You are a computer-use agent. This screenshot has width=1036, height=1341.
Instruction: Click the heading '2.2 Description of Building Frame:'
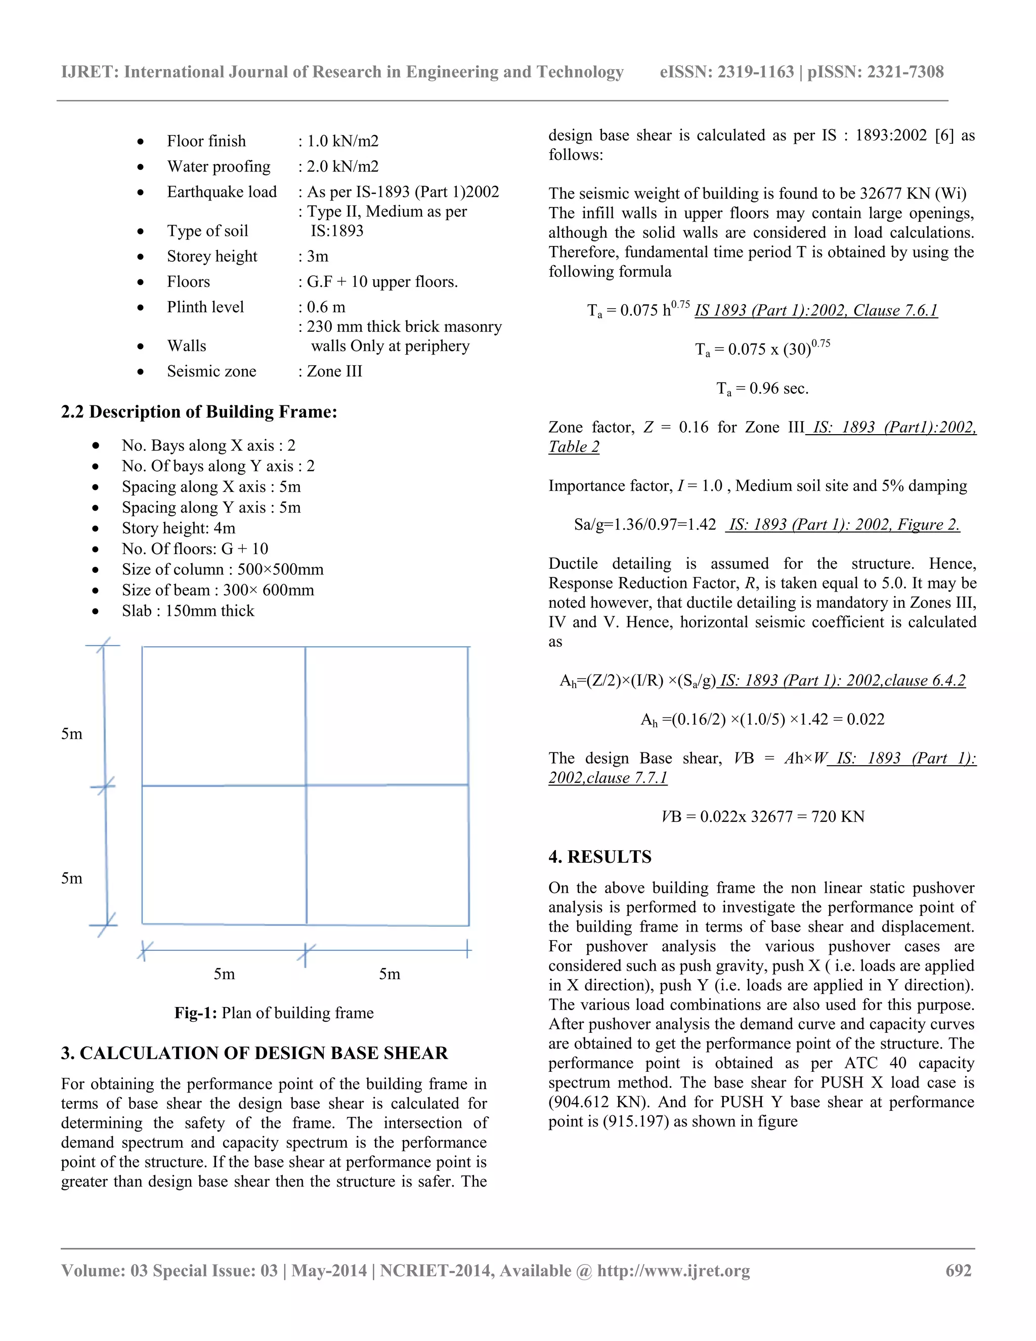coord(199,411)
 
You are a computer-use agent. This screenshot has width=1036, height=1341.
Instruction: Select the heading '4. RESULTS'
coord(599,857)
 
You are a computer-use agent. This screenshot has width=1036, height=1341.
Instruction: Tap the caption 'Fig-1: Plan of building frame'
coord(274,1013)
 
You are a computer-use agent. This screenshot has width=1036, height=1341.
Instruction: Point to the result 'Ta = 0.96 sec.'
coord(762,389)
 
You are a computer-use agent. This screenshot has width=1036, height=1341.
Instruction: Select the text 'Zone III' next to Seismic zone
coord(334,371)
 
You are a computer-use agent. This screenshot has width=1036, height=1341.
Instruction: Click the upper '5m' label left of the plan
coord(71,734)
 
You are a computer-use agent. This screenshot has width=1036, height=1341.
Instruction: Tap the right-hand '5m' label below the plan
coord(389,974)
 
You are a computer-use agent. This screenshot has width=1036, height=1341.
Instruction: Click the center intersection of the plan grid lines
coord(306,785)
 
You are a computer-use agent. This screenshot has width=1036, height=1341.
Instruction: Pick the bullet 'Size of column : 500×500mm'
coord(222,569)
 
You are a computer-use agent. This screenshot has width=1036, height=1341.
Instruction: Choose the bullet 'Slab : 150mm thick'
coord(188,611)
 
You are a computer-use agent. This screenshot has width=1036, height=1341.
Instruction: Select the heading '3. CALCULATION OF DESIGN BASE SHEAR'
coord(254,1053)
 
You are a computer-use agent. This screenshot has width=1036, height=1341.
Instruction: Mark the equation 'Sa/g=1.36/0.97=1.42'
coord(644,524)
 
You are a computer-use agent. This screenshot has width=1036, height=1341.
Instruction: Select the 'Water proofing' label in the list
coord(219,166)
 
